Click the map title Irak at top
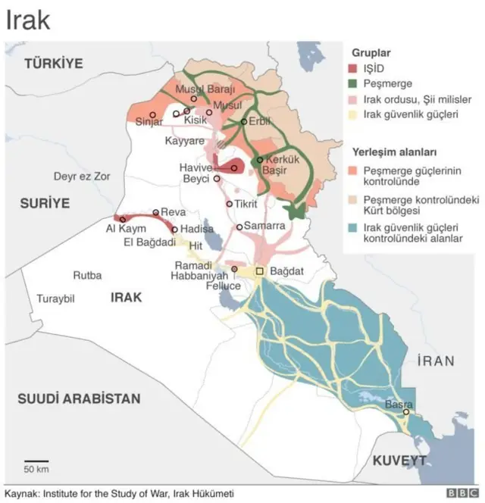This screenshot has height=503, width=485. pos(28,20)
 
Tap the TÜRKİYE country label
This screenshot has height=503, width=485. pos(53,64)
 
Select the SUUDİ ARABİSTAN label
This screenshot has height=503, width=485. pos(80,398)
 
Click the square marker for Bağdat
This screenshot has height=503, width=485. pos(259,270)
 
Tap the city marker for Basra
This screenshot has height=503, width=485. pos(406,412)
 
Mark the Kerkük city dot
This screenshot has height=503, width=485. pos(259,160)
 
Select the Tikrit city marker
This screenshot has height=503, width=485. pos(230,204)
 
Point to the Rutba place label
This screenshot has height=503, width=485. pos(87,275)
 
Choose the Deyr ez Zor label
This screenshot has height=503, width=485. pos(82,177)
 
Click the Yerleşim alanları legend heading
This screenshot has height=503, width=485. pos(393,152)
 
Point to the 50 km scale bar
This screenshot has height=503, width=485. pos(36,461)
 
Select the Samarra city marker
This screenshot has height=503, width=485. pos(239,227)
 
